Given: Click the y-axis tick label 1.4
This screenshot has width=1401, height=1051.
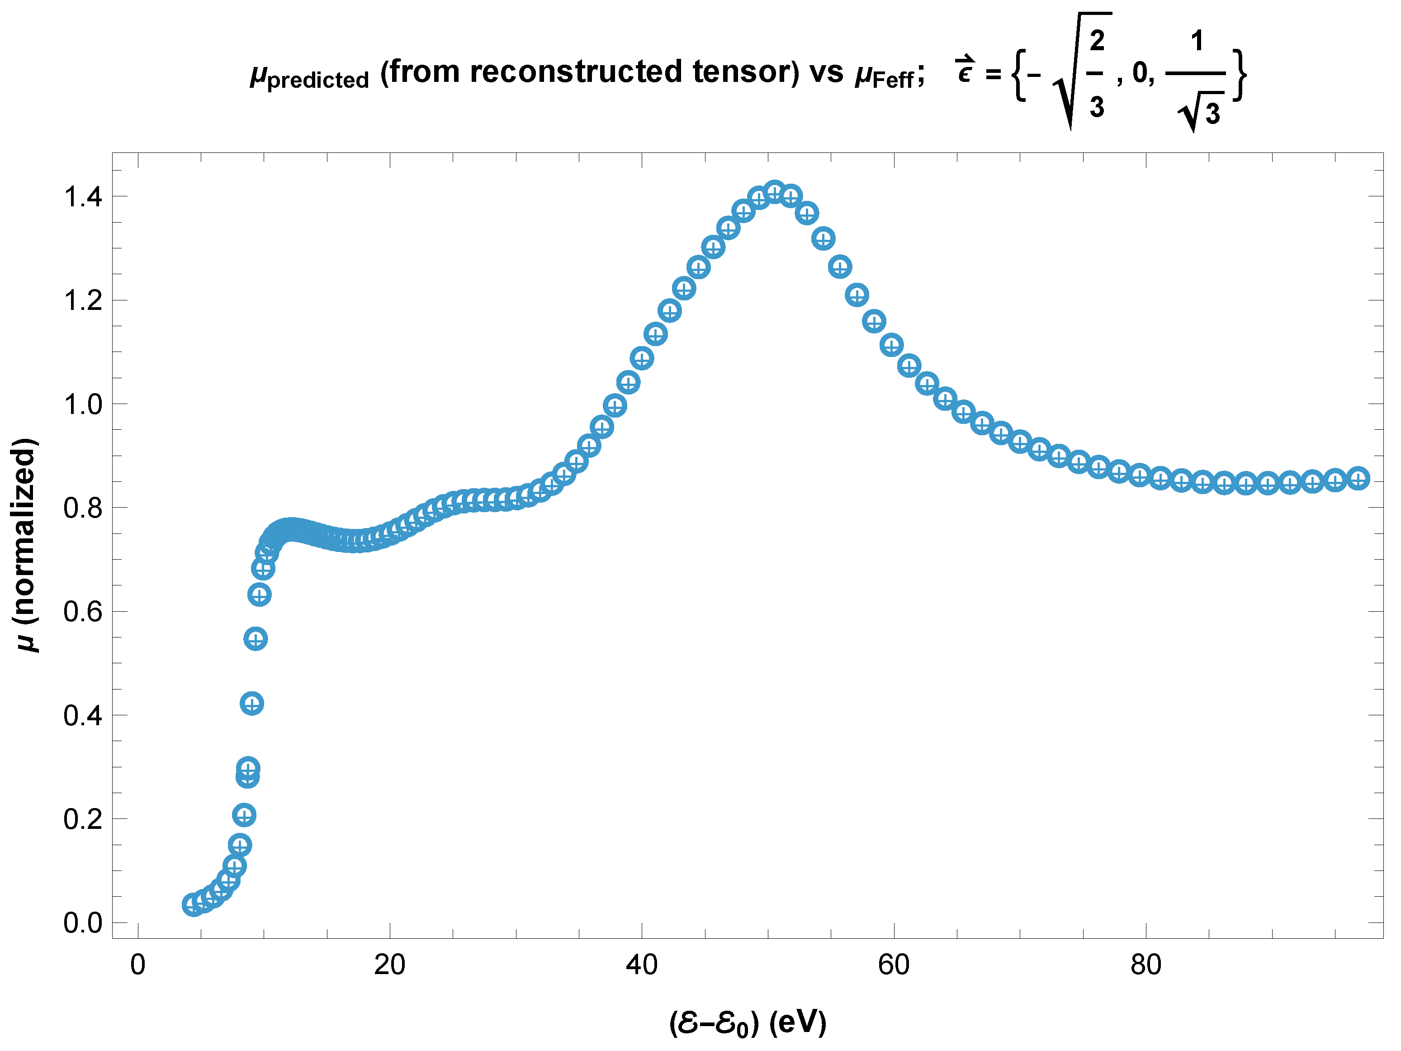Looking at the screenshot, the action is (x=83, y=197).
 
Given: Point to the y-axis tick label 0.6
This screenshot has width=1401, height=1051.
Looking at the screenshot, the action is (x=83, y=612).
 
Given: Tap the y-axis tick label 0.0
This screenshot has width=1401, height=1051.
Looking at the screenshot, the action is (x=83, y=923).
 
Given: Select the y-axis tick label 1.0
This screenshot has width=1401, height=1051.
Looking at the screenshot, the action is (x=83, y=404).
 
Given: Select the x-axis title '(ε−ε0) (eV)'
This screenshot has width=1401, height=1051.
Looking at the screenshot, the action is (x=748, y=1022).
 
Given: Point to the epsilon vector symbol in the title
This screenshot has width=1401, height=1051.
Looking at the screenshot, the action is (x=965, y=70).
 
